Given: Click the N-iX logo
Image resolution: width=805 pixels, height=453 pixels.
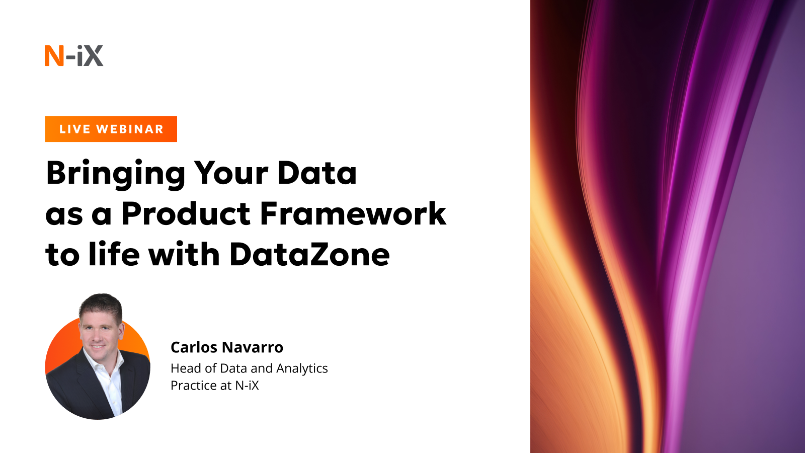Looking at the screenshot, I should [74, 55].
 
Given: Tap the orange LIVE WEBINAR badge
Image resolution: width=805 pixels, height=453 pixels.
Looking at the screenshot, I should [111, 129].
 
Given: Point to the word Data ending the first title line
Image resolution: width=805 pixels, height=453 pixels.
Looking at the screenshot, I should [317, 173].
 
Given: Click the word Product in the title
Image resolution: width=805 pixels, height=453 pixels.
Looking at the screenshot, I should [186, 213].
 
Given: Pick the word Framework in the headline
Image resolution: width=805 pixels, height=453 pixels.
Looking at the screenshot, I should [353, 213].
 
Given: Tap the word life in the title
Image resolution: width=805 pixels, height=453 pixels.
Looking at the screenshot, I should [114, 254].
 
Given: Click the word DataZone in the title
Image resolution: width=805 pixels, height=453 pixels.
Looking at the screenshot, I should [309, 254].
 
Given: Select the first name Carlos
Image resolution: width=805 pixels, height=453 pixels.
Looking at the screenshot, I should [194, 347].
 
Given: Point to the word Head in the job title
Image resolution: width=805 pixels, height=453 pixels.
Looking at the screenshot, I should [186, 368].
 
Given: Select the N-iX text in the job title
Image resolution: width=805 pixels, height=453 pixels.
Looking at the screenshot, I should [247, 386].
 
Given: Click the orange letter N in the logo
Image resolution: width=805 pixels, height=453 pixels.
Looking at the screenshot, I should [54, 56].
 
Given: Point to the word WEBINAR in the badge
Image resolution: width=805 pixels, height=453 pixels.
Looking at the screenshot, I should [130, 129].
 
